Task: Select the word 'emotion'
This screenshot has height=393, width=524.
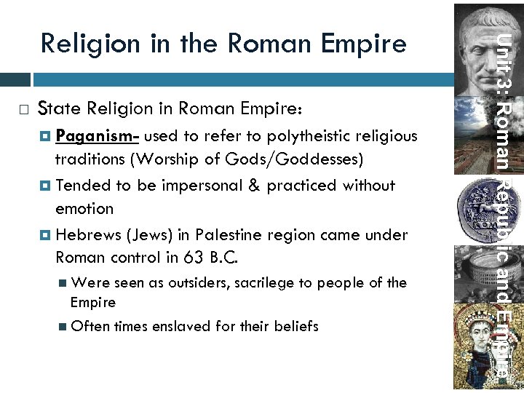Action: pos(84,209)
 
